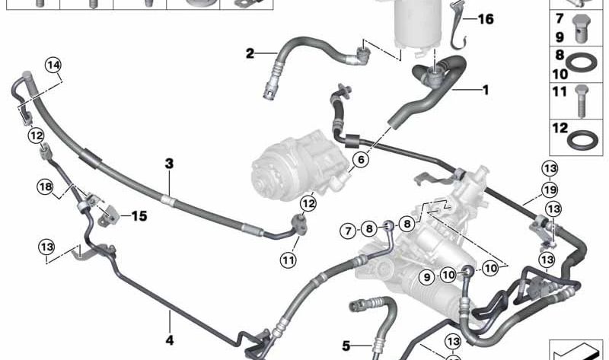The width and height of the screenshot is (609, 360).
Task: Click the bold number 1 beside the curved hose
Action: pyautogui.click(x=484, y=89)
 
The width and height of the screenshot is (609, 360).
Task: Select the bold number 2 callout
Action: pyautogui.click(x=250, y=53)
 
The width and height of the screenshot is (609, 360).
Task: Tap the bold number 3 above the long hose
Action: pyautogui.click(x=170, y=163)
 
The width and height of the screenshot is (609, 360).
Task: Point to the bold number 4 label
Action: pyautogui.click(x=170, y=339)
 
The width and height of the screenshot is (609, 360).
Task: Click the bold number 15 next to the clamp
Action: pyautogui.click(x=139, y=216)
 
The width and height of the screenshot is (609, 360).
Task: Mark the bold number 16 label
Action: pyautogui.click(x=485, y=20)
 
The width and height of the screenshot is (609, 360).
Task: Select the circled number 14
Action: pyautogui.click(x=53, y=66)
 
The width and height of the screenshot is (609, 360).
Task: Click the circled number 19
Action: pyautogui.click(x=550, y=190)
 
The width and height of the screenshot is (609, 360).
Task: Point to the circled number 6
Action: pyautogui.click(x=360, y=160)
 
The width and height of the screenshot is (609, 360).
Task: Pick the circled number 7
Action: pyautogui.click(x=347, y=230)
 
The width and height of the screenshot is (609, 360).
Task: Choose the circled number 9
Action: pyautogui.click(x=426, y=276)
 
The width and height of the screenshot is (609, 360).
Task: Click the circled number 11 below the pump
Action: pyautogui.click(x=288, y=260)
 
